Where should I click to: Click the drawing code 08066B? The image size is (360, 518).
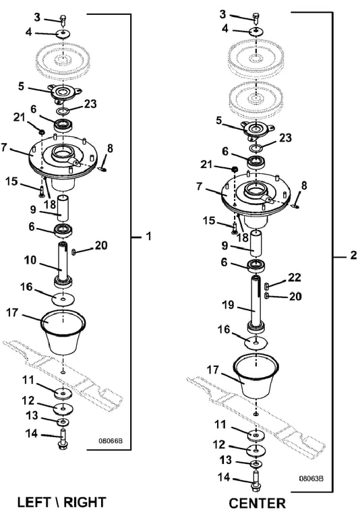click(111, 440)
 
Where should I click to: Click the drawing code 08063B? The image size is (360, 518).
click(311, 478)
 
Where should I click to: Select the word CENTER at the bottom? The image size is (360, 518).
click(258, 503)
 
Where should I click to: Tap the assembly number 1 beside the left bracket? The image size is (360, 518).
click(149, 236)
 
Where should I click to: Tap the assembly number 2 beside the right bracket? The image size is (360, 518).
click(353, 255)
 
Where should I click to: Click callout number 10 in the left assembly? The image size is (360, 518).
click(30, 260)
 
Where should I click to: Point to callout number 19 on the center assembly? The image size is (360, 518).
click(228, 305)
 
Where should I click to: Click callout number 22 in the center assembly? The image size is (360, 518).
click(295, 277)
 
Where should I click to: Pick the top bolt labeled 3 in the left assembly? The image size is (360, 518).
click(63, 18)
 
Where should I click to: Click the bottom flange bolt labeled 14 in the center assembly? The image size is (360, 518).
click(256, 482)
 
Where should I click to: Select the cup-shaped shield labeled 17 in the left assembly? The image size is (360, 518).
click(63, 332)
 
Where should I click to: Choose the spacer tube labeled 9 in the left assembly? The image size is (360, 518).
click(63, 208)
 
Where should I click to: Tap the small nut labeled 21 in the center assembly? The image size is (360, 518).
click(235, 169)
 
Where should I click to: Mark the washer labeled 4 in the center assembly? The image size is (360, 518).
click(256, 32)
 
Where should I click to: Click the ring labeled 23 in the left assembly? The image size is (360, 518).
click(63, 110)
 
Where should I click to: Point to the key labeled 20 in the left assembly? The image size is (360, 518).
click(73, 252)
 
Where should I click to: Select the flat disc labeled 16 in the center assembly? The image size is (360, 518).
click(256, 343)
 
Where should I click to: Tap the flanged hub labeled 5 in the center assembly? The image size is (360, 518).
click(256, 129)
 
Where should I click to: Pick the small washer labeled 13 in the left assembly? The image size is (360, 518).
click(63, 422)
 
